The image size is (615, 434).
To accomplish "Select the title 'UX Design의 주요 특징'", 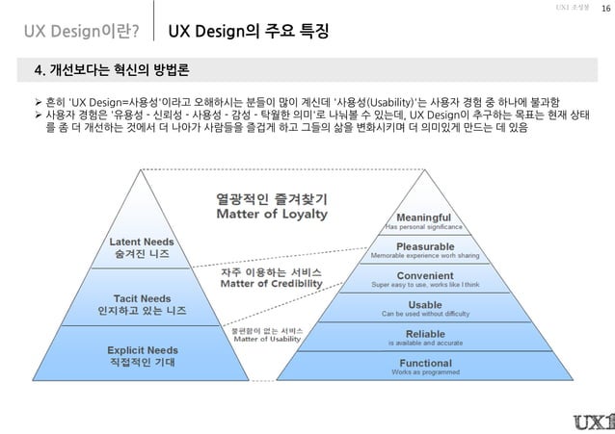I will pos(248,33).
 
